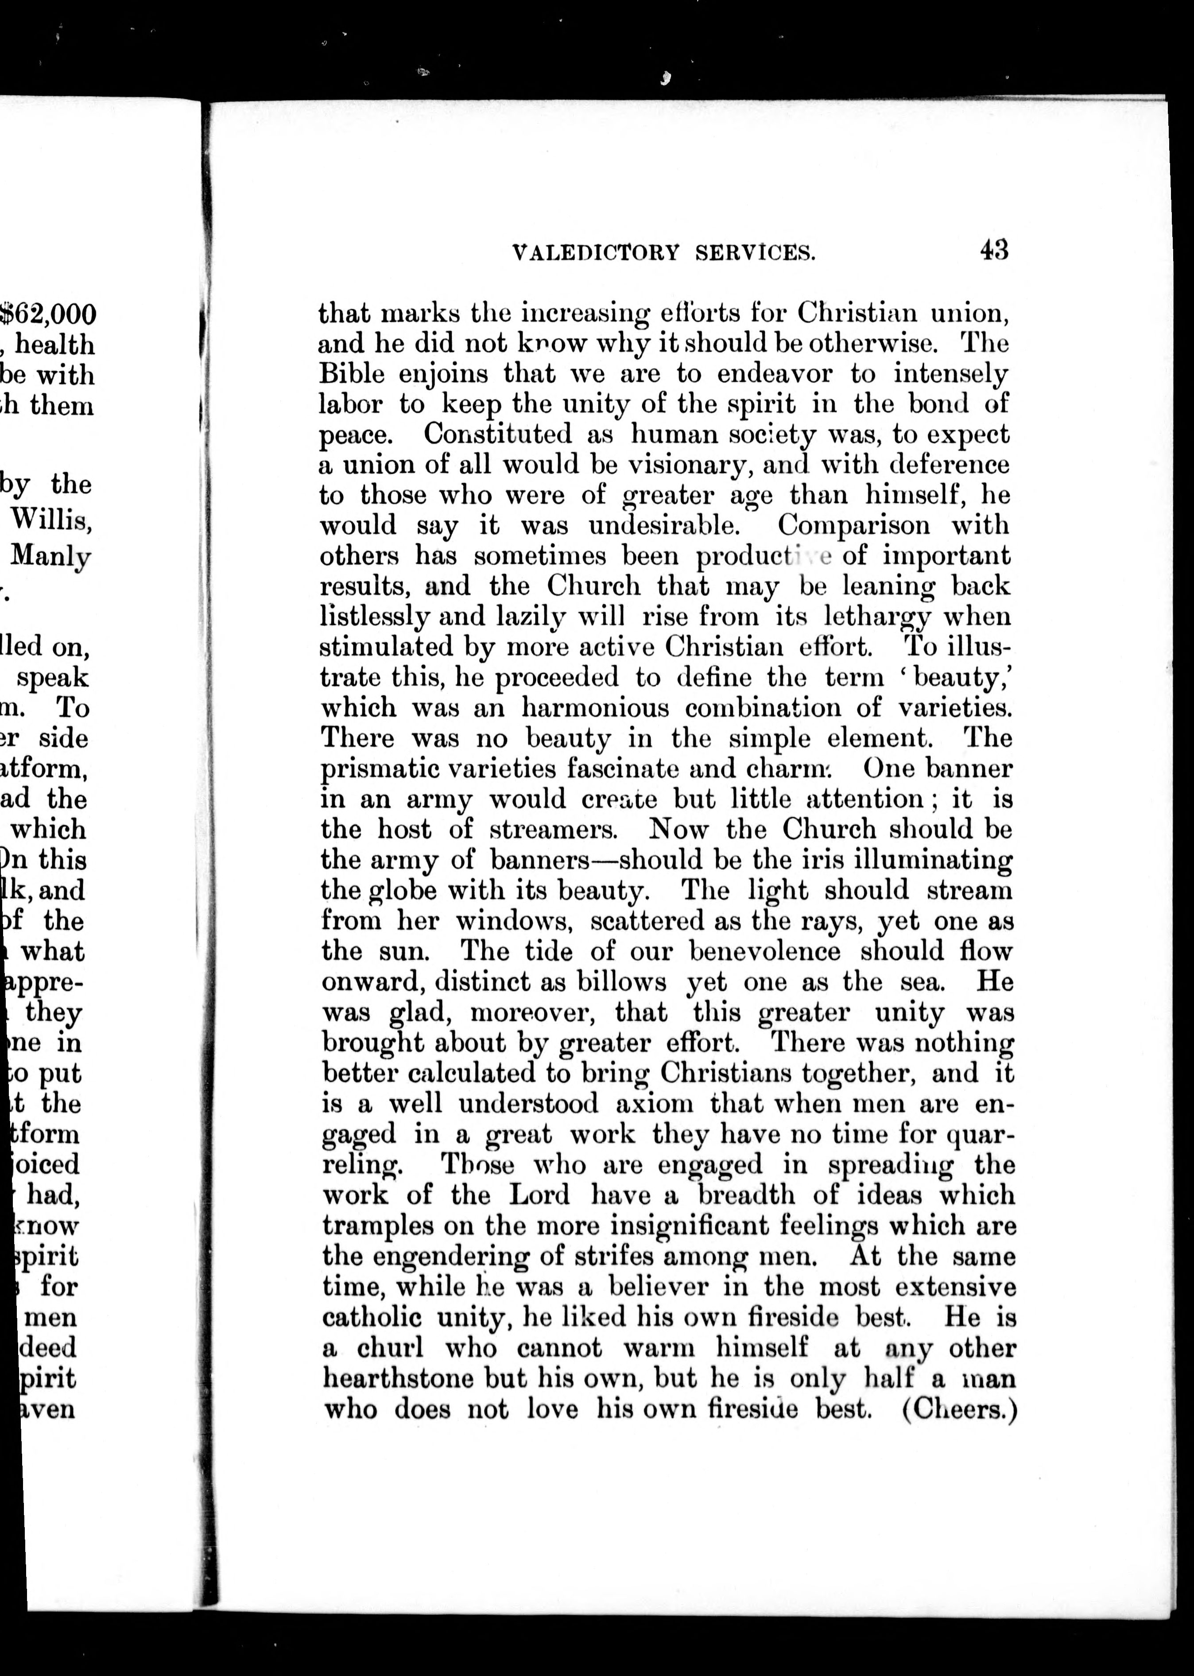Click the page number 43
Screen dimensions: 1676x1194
point(993,251)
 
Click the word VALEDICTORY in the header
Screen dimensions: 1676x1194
point(596,254)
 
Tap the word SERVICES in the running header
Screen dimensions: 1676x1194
point(755,254)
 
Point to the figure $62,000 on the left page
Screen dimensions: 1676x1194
point(48,314)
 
